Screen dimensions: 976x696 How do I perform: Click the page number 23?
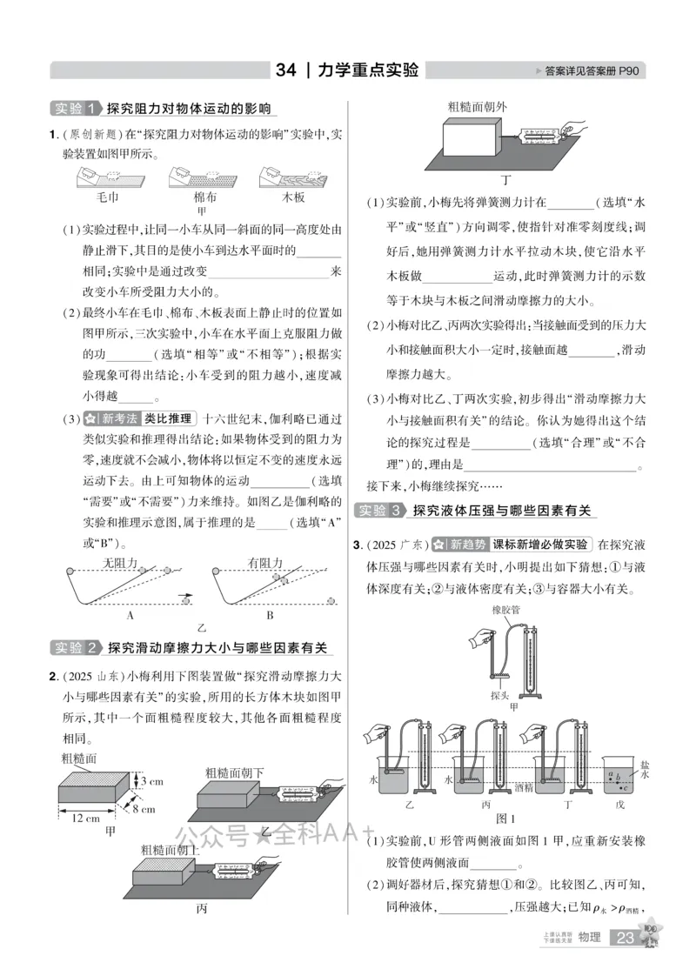(x=626, y=937)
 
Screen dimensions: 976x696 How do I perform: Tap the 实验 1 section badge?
(x=75, y=109)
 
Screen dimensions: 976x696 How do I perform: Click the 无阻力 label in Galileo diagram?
(x=120, y=562)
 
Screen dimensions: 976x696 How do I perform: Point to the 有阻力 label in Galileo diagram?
(x=264, y=562)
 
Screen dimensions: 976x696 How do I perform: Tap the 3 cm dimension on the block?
(x=151, y=780)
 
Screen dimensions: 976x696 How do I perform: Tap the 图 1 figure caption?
(x=506, y=819)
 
